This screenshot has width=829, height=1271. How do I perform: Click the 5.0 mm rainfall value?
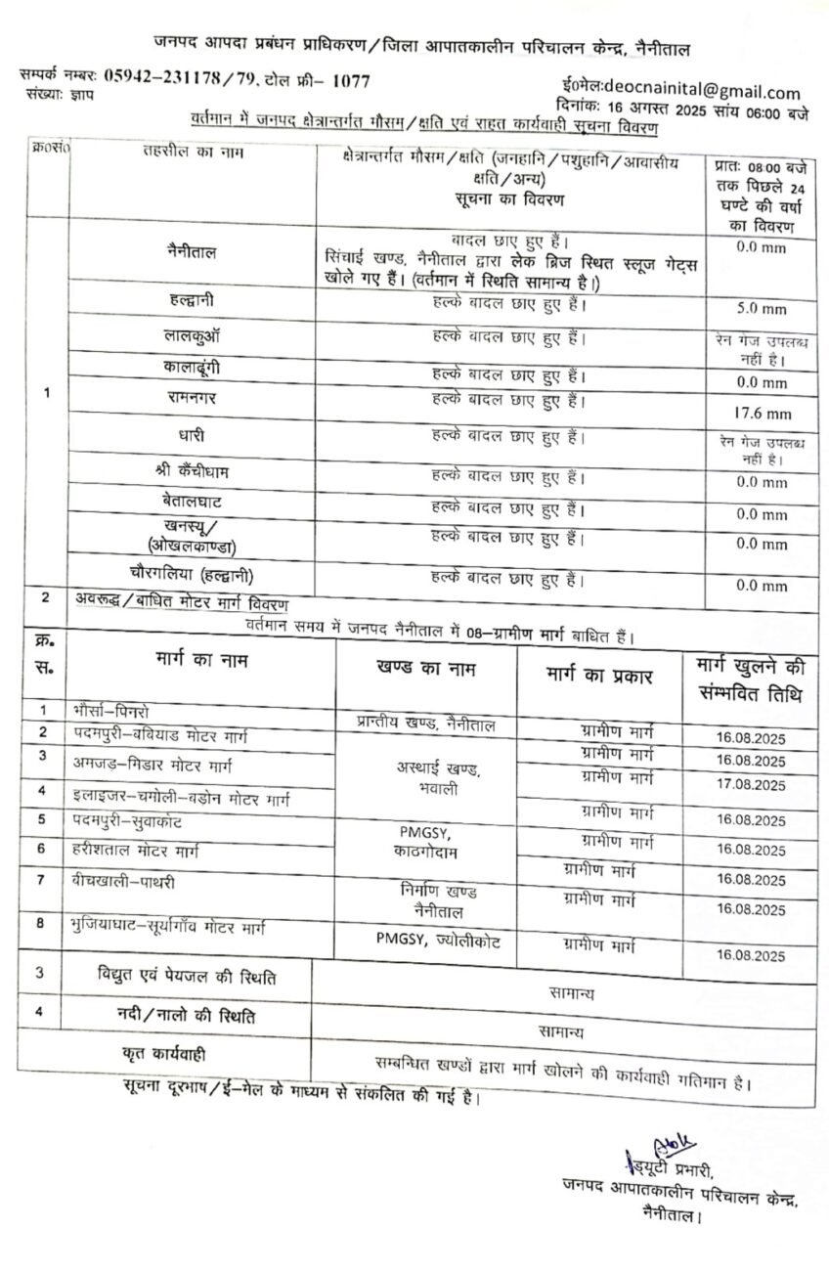pos(762,309)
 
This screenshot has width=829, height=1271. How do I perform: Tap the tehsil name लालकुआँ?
pos(192,334)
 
